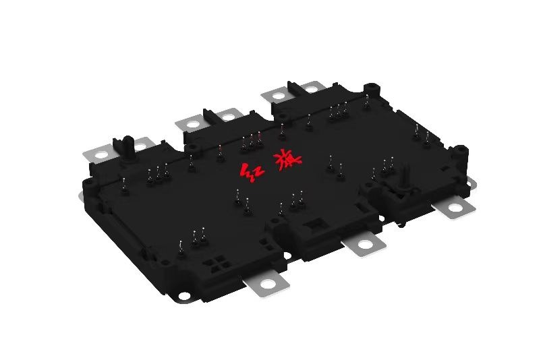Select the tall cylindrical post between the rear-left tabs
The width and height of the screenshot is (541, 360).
point(126,144)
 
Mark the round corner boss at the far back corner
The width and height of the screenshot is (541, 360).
point(370,88)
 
